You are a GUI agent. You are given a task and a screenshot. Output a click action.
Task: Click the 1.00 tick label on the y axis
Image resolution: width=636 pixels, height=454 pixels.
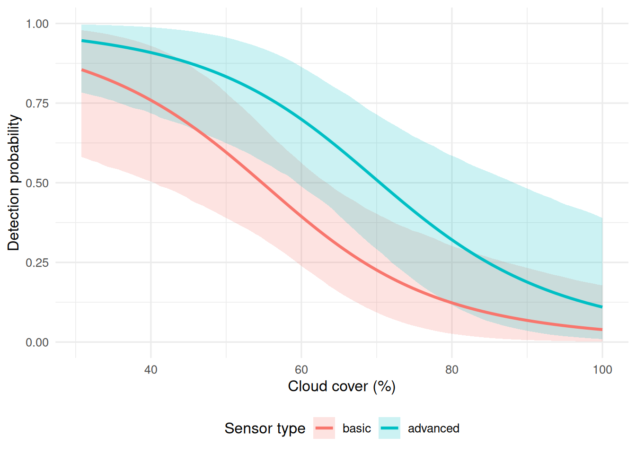37,24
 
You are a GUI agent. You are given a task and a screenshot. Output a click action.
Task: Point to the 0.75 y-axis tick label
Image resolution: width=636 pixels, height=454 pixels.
37,103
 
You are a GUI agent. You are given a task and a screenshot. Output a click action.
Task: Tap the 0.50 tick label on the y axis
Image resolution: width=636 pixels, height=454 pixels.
37,183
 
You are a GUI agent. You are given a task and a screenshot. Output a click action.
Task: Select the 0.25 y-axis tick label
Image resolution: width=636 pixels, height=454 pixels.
37,262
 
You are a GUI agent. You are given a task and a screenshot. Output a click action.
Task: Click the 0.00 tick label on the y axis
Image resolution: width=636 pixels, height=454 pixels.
37,342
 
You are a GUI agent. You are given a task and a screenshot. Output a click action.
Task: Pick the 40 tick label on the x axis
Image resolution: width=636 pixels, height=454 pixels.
151,370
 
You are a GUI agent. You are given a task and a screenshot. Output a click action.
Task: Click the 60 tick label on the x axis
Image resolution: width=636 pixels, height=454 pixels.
301,370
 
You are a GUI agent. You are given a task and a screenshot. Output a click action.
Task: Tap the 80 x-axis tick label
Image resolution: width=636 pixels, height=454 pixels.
452,370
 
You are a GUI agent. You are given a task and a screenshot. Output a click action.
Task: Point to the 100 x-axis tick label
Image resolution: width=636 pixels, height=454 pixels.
602,370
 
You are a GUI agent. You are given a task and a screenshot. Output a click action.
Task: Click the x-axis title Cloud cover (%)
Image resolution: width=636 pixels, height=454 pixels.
342,386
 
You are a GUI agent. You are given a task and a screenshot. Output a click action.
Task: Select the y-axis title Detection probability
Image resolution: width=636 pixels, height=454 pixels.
14,183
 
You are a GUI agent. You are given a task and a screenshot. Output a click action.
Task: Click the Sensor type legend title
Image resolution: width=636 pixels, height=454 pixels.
265,428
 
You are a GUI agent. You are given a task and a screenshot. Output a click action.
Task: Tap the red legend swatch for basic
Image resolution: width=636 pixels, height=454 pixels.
324,428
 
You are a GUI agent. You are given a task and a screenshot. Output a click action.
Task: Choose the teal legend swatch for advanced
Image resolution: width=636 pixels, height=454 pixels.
389,428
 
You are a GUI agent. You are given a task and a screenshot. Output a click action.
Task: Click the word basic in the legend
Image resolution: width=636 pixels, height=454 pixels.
357,428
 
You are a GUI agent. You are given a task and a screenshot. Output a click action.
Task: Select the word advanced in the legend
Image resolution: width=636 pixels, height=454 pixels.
433,428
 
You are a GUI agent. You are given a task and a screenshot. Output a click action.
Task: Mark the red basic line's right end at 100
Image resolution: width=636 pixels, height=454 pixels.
602,329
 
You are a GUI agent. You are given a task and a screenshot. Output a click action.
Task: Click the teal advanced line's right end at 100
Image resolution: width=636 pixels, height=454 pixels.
602,307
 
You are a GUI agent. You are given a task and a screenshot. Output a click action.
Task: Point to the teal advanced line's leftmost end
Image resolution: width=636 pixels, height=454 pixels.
82,41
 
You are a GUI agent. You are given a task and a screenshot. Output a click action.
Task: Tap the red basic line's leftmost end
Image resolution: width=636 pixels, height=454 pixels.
82,70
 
